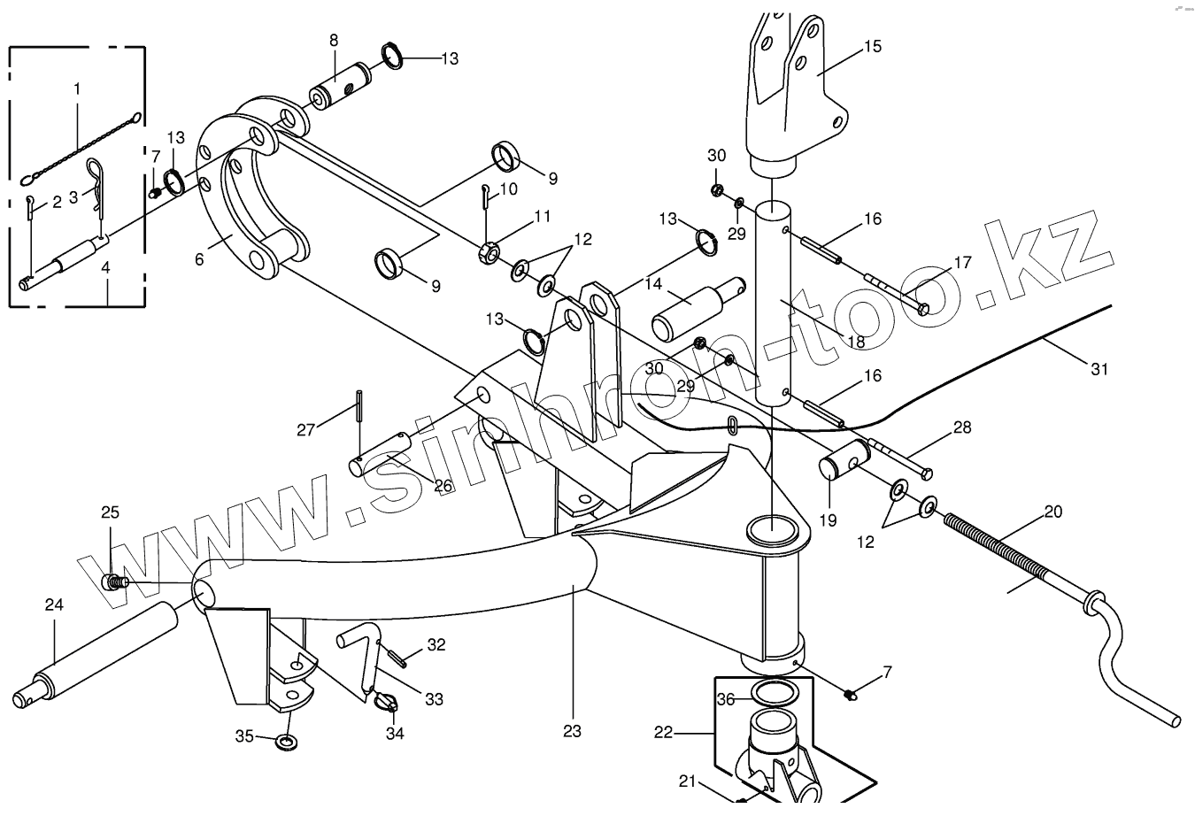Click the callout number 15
point(873,46)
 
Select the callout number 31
point(1099,370)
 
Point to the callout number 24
point(54,605)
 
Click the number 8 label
point(334,40)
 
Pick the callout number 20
point(1052,512)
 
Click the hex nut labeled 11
point(490,251)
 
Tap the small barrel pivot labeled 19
point(841,460)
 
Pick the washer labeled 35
point(286,740)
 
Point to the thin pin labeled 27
point(358,407)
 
